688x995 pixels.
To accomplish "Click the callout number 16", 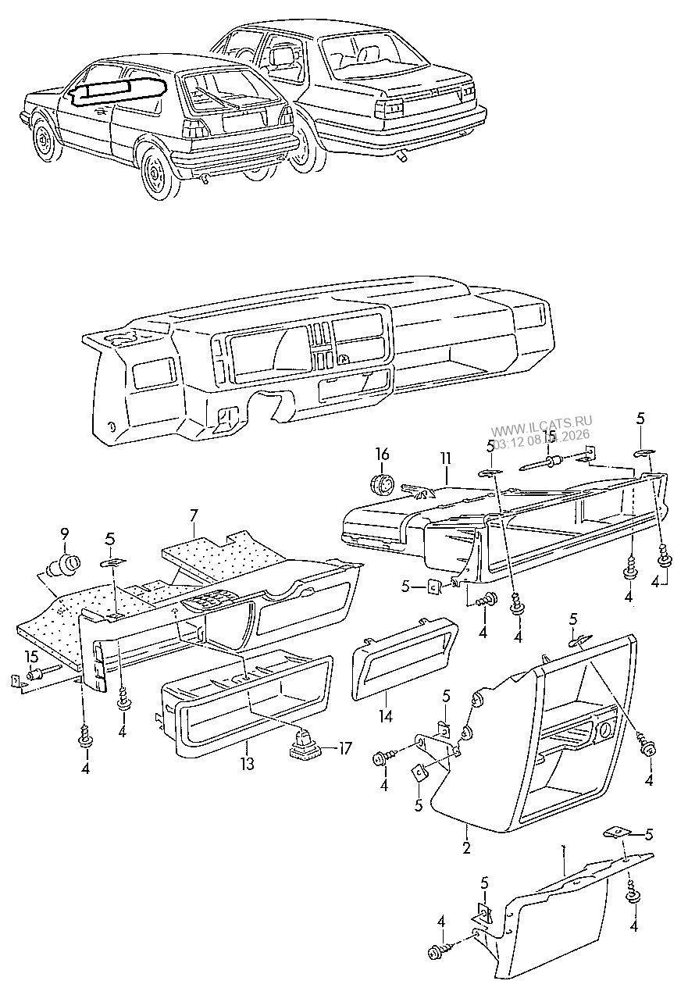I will [382, 454].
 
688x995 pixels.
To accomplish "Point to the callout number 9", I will [65, 534].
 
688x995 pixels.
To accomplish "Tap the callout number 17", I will [344, 747].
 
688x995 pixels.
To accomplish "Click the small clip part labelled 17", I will [305, 747].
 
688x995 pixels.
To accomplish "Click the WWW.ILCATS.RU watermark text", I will [542, 430].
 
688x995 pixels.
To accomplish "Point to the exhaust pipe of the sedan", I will [403, 158].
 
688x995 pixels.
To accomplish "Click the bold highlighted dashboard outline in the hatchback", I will [117, 90].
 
